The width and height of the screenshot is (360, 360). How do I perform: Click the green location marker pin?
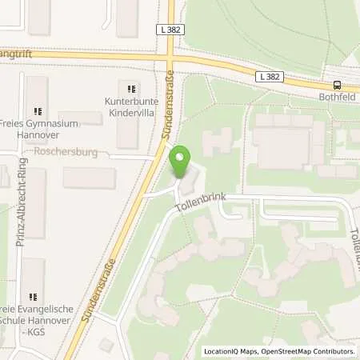click(x=183, y=159)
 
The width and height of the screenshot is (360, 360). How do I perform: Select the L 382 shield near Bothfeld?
click(x=270, y=77)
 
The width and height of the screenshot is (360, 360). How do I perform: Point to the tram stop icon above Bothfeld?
click(x=337, y=86)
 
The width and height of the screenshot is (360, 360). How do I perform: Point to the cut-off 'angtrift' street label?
click(x=17, y=54)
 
